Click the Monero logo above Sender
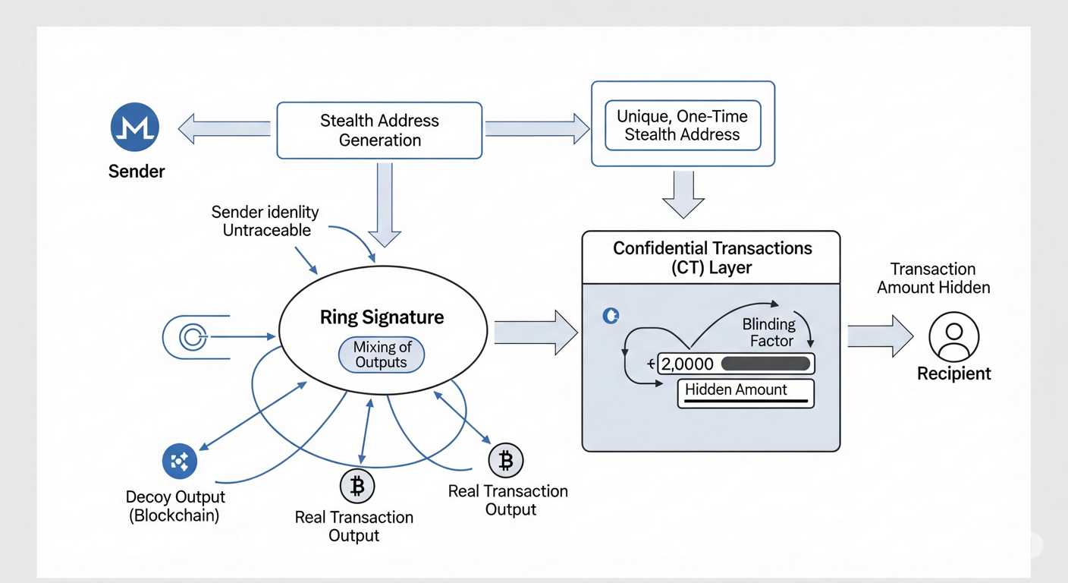coord(134,127)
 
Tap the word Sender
coord(137,172)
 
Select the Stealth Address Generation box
coord(379,131)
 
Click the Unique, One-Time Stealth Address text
coord(682,126)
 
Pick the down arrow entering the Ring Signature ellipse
coord(385,205)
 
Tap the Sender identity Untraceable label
coord(265,221)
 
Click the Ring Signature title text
coord(382,317)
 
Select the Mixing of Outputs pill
coord(381,355)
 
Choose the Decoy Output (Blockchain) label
coord(175,506)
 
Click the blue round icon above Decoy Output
coord(180,461)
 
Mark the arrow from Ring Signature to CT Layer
coord(536,332)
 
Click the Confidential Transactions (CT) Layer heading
coord(711,257)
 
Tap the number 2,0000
coord(687,364)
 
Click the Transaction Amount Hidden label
coord(933,278)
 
